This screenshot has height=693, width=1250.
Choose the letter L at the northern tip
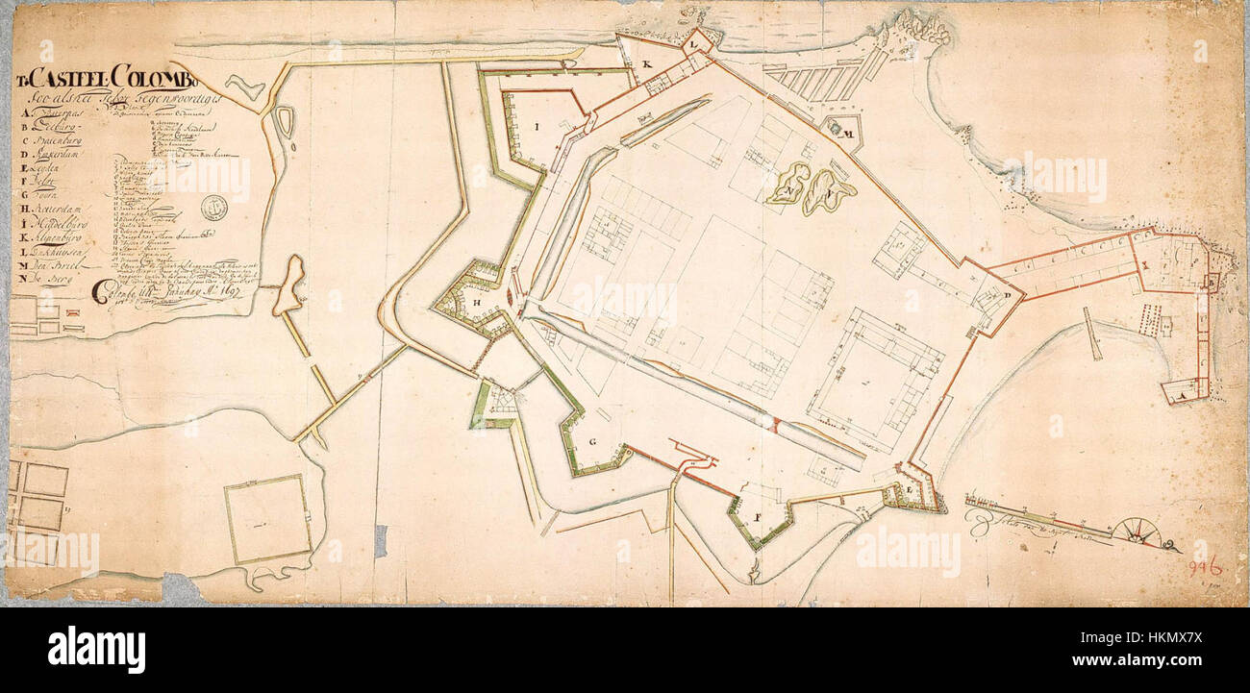[692, 43]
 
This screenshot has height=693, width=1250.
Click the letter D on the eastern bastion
[1006, 295]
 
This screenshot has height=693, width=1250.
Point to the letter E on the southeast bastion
[910, 490]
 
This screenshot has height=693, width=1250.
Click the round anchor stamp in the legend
[213, 206]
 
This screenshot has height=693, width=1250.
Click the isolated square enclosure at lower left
[268, 519]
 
